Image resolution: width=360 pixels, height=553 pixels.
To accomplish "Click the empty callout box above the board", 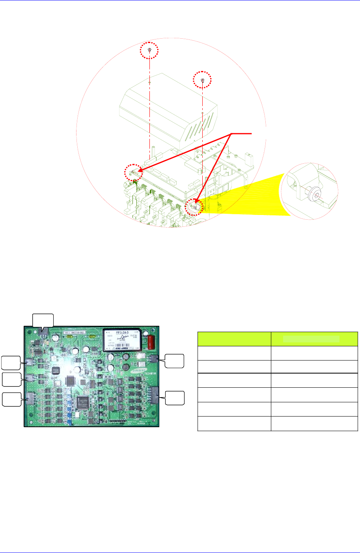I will click(43, 320).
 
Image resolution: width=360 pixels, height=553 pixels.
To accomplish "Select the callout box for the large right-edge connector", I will click(174, 398).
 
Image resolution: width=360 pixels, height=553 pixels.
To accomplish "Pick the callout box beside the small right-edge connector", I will click(174, 361).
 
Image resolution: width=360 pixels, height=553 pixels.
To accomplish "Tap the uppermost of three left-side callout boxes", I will click(10, 362).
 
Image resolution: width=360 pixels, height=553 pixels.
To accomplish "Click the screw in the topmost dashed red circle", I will click(150, 50).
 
